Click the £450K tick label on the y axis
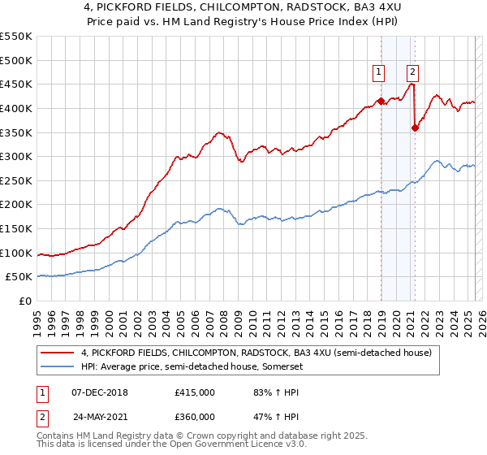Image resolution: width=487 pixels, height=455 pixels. [x=16, y=84]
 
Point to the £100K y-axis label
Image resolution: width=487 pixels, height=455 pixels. [x=16, y=253]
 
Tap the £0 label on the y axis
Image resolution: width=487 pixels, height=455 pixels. [x=25, y=301]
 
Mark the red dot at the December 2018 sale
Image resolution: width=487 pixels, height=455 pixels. [x=381, y=101]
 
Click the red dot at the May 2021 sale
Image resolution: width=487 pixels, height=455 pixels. [x=415, y=128]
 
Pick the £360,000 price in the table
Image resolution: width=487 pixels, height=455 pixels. [x=194, y=417]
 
